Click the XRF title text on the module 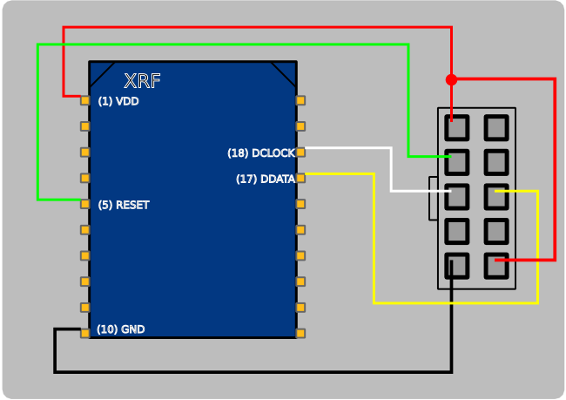[142, 81]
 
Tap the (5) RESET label [123, 205]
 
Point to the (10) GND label [120, 329]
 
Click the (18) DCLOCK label [260, 153]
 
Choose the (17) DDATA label [265, 180]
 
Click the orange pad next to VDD [84, 100]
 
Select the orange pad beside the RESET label [84, 204]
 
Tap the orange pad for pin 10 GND [84, 333]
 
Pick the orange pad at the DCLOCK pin [300, 153]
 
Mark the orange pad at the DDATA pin [300, 178]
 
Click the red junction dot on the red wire [451, 79]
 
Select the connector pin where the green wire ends [457, 162]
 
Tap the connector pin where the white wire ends [457, 196]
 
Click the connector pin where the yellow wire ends [496, 196]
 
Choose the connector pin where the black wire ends [457, 265]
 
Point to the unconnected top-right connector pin [496, 128]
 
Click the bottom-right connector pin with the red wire [496, 265]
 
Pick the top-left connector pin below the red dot [457, 128]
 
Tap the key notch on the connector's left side [433, 197]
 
